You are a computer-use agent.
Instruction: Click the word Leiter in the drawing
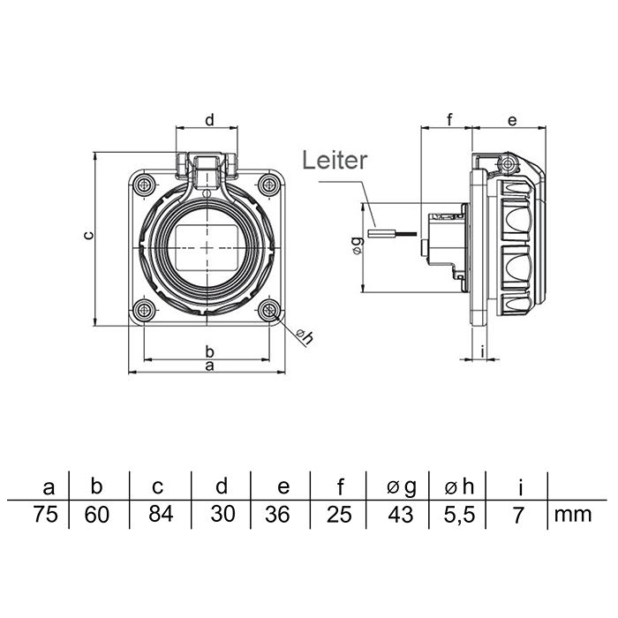click(334, 160)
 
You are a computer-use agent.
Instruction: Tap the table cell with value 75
click(49, 515)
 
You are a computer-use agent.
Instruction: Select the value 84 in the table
click(160, 515)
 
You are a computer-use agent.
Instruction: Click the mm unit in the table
click(572, 515)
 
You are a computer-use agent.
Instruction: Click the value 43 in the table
click(400, 515)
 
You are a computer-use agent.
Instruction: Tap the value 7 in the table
click(520, 515)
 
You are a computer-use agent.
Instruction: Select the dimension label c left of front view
click(87, 236)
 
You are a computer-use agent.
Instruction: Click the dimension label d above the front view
click(210, 119)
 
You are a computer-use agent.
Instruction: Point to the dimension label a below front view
click(209, 365)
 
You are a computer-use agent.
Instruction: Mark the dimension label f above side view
click(448, 119)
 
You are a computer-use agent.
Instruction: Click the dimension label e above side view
click(511, 119)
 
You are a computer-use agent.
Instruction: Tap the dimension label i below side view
click(483, 350)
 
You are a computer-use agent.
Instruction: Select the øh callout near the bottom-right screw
click(304, 335)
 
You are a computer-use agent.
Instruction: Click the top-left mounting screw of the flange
click(143, 184)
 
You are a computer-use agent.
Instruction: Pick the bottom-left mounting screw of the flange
click(143, 309)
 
